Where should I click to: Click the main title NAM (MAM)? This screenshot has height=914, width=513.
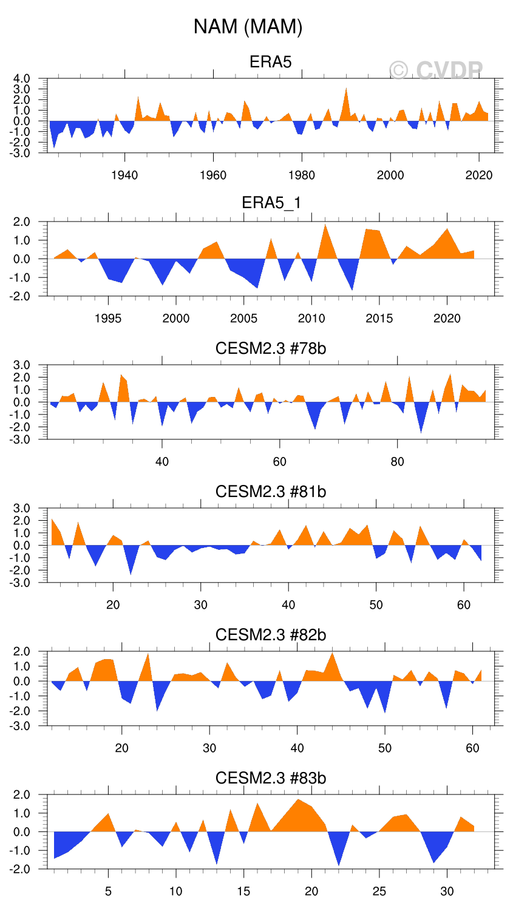248,27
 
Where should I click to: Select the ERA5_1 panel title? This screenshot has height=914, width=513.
271,203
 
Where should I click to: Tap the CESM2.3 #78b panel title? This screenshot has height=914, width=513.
271,348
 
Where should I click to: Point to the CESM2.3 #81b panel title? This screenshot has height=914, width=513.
271,491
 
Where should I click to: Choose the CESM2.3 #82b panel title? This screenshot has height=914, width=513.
271,635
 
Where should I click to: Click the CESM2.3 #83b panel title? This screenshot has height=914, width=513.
271,778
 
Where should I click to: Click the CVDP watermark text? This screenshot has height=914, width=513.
436,71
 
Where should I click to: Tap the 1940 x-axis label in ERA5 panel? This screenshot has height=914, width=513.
124,175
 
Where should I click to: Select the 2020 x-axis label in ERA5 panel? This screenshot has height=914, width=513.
479,175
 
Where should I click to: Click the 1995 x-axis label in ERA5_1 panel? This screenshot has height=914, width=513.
108,319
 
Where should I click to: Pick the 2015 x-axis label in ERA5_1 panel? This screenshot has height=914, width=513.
379,319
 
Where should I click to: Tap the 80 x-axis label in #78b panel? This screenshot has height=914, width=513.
397,462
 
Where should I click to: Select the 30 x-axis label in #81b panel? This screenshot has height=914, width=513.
201,605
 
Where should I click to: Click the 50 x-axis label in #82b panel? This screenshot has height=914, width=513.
385,748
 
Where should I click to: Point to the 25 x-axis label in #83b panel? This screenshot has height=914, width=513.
379,892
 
